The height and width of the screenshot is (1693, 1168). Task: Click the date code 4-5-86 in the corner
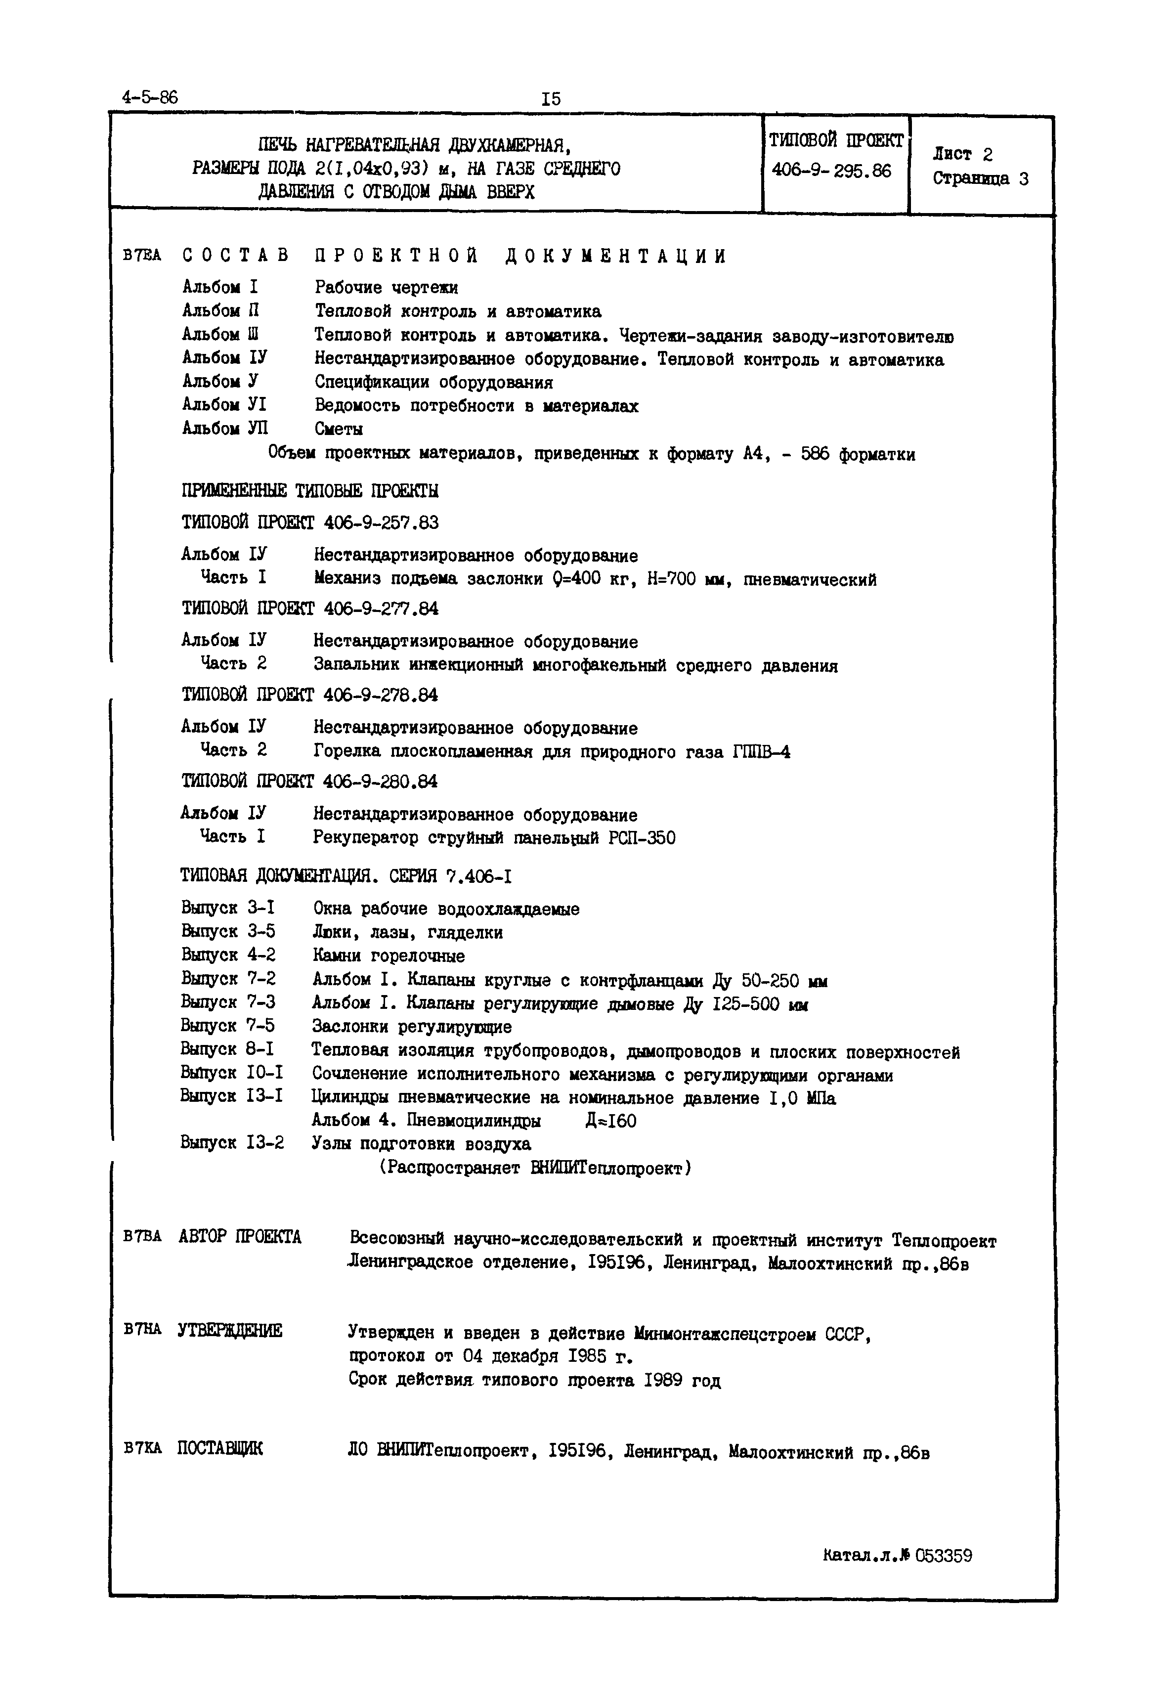pyautogui.click(x=150, y=97)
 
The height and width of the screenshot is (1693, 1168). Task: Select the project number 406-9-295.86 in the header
pyautogui.click(x=831, y=171)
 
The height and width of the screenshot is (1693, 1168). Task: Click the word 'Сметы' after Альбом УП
pyautogui.click(x=339, y=429)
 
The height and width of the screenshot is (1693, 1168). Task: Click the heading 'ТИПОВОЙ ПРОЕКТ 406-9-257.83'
pyautogui.click(x=310, y=522)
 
